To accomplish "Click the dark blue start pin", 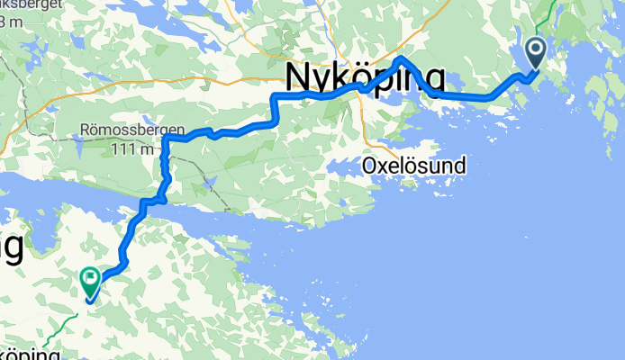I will (535, 52).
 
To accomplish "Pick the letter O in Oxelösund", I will (368, 166).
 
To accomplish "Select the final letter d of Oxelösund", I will (461, 166).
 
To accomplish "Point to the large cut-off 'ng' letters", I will (11, 247).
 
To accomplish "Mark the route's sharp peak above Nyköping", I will (401, 58).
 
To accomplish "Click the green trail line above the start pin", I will (545, 18).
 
